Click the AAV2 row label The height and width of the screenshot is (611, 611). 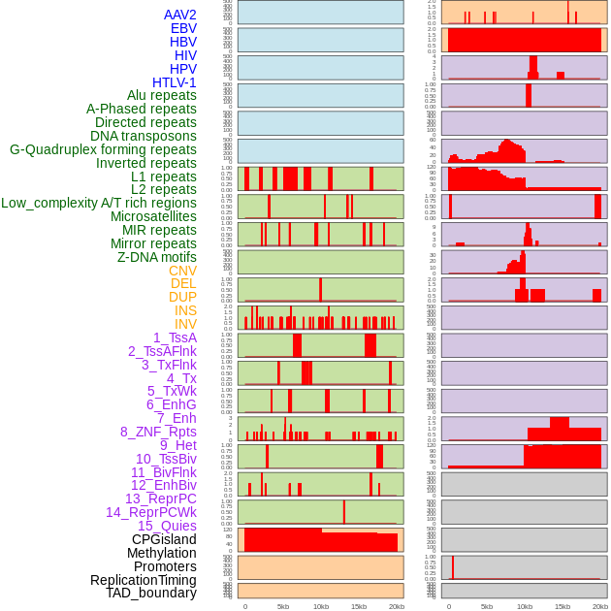tap(179, 15)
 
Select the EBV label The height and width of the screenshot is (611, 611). tap(183, 28)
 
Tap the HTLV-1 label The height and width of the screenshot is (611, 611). tap(174, 82)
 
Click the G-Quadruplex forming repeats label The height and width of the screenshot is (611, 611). tap(103, 149)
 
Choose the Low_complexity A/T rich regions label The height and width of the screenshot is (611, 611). tap(99, 203)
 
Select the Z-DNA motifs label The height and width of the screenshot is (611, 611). tap(157, 257)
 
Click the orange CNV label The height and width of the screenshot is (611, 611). tap(182, 271)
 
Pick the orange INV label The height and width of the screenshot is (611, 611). tap(185, 324)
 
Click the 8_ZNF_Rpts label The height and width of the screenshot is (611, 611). tap(158, 432)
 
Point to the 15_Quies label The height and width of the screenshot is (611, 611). tap(167, 526)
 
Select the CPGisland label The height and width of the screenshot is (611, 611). tap(164, 539)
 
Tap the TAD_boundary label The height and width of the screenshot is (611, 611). tap(151, 593)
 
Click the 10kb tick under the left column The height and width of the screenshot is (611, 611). tap(321, 606)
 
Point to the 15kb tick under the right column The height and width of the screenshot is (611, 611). tap(563, 606)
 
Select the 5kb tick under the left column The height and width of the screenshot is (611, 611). tap(283, 606)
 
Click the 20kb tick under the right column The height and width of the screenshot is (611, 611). tap(600, 606)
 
